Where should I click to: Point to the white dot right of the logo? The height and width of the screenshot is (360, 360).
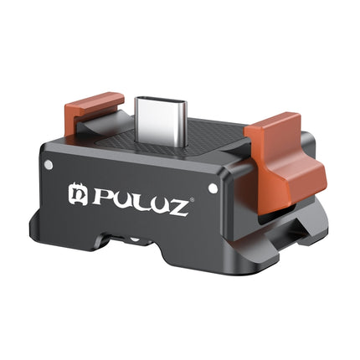coord(213,189)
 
